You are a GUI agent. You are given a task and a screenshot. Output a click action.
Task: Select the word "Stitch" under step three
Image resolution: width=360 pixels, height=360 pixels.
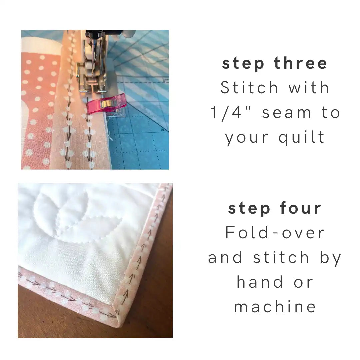pos(249,88)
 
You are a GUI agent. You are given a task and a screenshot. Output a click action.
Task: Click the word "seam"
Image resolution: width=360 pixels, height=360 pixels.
pos(287,112)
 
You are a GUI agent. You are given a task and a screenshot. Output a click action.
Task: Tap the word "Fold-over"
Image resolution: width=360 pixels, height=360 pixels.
pos(275,232)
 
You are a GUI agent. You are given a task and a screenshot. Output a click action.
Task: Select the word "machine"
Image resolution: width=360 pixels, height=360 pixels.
pos(275,307)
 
